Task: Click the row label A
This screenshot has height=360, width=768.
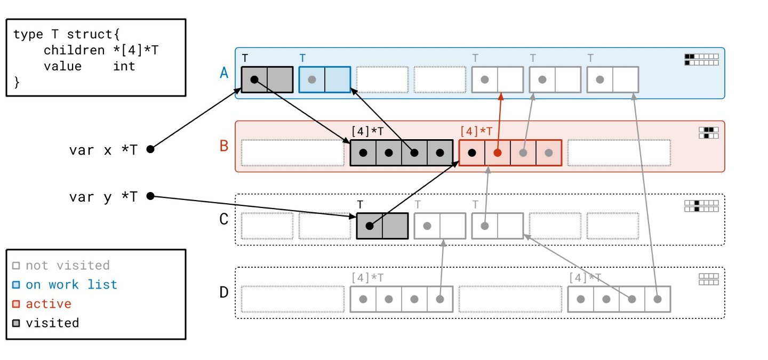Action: click(224, 73)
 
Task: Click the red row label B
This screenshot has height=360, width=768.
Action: click(224, 145)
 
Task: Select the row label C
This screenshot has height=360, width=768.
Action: click(224, 219)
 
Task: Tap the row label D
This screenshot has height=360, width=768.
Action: click(224, 292)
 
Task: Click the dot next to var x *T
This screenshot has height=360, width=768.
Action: click(150, 149)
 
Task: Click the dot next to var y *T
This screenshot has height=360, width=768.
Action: click(150, 196)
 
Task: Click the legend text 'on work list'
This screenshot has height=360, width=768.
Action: click(71, 285)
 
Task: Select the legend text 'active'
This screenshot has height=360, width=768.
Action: click(49, 304)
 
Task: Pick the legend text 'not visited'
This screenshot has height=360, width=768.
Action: click(68, 266)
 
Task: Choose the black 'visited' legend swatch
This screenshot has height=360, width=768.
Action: click(16, 323)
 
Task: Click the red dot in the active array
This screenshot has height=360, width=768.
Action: click(498, 153)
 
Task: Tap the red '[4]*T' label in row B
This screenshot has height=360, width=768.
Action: click(476, 131)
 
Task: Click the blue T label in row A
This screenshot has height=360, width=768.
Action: click(302, 58)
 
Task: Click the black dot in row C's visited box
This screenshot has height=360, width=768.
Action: click(369, 226)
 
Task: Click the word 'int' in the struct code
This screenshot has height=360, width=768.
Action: click(124, 66)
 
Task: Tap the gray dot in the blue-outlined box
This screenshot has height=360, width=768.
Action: click(312, 79)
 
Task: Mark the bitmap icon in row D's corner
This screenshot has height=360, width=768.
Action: click(708, 279)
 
